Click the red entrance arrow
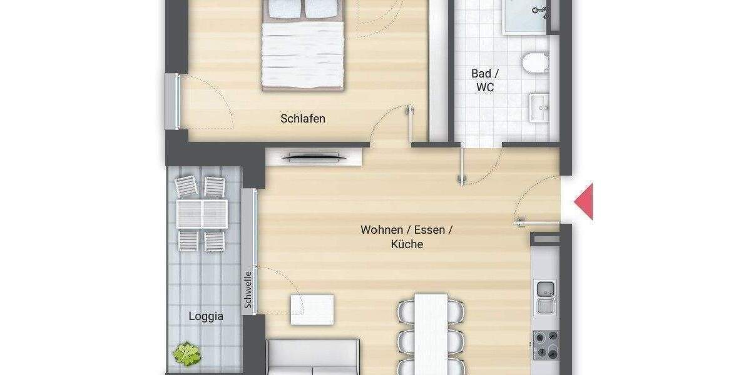[x=583, y=202]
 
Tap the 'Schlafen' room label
[x=303, y=118]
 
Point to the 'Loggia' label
[x=206, y=316]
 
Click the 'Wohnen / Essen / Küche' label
[x=406, y=237]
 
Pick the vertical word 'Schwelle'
[x=248, y=289]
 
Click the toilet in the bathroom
[x=536, y=63]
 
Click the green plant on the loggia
[x=186, y=354]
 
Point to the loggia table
[x=202, y=213]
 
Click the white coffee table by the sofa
[x=312, y=309]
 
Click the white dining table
[x=431, y=334]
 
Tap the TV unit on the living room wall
[x=313, y=157]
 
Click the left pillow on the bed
[x=284, y=9]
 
